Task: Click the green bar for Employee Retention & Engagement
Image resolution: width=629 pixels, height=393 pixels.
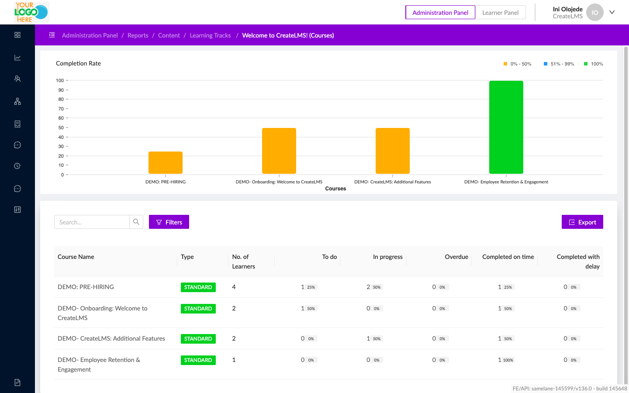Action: [506, 127]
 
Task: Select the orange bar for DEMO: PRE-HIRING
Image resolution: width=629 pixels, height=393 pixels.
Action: [166, 162]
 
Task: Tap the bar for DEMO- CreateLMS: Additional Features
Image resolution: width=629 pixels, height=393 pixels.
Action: [392, 151]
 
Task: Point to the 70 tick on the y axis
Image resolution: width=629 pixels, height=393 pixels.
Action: [61, 109]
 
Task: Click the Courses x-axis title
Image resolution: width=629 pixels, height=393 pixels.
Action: [335, 189]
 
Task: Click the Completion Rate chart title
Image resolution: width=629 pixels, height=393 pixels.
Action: [78, 63]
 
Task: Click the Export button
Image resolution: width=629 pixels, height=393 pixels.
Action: [582, 222]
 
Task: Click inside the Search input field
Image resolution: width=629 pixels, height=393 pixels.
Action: [92, 222]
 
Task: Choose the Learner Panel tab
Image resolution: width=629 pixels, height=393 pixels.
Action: [500, 13]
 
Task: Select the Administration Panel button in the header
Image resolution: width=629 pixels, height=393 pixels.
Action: [440, 13]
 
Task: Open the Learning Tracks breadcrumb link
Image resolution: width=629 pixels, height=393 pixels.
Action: [210, 35]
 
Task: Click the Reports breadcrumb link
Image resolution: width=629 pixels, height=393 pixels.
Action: [138, 35]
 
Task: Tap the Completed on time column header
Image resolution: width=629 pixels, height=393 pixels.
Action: [508, 257]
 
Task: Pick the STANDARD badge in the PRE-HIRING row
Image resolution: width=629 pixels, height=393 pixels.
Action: [198, 287]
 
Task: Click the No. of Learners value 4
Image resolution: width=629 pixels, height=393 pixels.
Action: [234, 287]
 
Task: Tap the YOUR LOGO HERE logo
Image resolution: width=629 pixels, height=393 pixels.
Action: [31, 12]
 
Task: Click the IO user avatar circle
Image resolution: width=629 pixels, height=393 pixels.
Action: [594, 12]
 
